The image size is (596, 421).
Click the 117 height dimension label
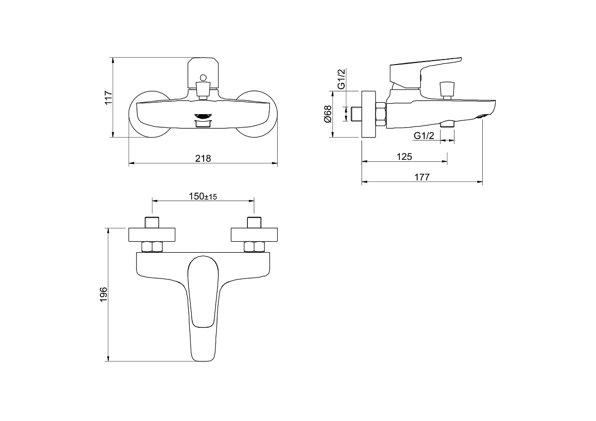click(108, 98)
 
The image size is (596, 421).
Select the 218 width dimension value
click(203, 158)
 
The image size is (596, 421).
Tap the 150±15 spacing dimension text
click(203, 197)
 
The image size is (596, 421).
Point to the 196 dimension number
click(103, 294)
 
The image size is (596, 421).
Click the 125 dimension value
click(404, 157)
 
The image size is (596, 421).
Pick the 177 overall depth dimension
click(422, 177)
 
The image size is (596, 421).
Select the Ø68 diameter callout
click(328, 114)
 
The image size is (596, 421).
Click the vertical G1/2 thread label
click(341, 79)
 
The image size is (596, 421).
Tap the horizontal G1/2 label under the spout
click(424, 136)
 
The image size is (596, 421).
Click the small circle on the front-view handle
click(203, 78)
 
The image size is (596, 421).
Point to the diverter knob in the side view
click(447, 90)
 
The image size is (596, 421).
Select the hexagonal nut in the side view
click(380, 115)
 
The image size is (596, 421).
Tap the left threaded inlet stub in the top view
click(152, 222)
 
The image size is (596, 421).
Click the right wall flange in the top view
click(254, 235)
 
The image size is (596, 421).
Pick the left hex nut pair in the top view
click(152, 247)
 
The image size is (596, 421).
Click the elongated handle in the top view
click(203, 308)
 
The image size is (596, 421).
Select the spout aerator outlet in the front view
click(203, 116)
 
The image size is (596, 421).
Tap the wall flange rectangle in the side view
click(369, 114)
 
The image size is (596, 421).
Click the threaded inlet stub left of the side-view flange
click(356, 114)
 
